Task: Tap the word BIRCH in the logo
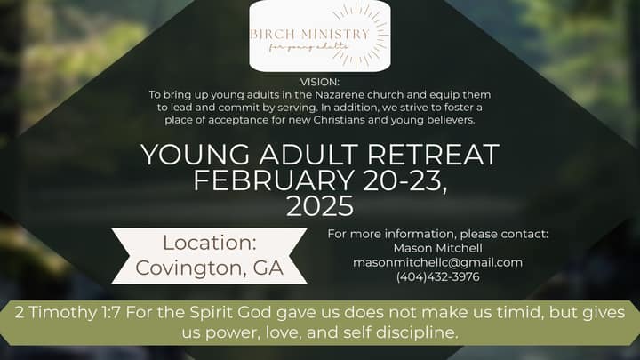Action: tap(271, 34)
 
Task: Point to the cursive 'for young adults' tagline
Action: tap(309, 47)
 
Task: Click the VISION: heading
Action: tap(320, 82)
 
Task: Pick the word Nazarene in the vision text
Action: tap(339, 95)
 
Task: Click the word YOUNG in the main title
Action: tap(196, 155)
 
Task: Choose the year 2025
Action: tap(320, 206)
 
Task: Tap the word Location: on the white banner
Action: tap(210, 243)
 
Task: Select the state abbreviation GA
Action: tap(268, 268)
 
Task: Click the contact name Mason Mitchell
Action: tap(438, 248)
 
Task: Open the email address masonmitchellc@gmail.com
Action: tap(438, 262)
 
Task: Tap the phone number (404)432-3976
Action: tap(438, 276)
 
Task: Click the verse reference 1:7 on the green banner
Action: tap(110, 313)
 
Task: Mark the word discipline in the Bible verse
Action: tap(415, 332)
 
